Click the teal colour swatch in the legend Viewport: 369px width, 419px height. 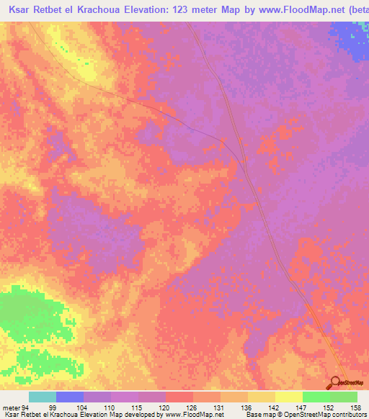tap(43, 397)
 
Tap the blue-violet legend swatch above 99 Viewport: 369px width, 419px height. tap(70, 397)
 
